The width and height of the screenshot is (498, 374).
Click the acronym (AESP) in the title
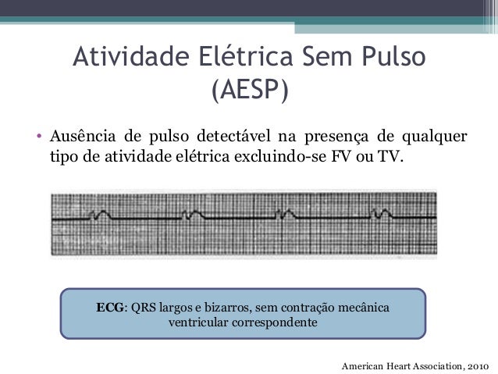tap(249, 91)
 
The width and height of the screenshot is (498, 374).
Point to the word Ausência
tap(80, 138)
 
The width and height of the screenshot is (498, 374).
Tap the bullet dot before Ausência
tap(38, 140)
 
